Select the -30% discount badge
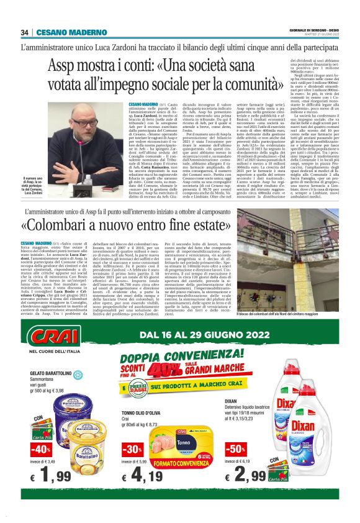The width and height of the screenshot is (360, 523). [131, 448]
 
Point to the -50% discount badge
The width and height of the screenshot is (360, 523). [235, 448]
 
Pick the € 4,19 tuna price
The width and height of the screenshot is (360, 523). [142, 476]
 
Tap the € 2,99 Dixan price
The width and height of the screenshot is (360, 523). [246, 476]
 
